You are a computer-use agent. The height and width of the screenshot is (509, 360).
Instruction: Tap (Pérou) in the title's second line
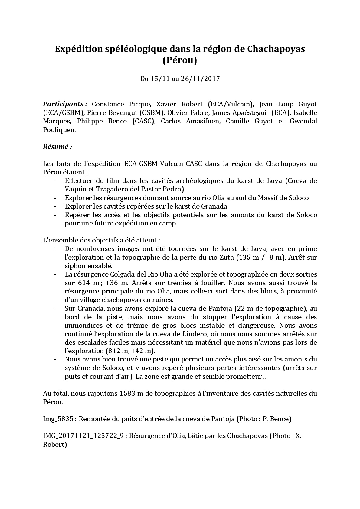point(180,60)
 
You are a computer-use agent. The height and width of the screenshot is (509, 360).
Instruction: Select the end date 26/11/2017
point(200,79)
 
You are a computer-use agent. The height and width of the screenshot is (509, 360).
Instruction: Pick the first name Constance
point(108,104)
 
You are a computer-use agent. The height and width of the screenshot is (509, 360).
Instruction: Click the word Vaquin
point(75,190)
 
